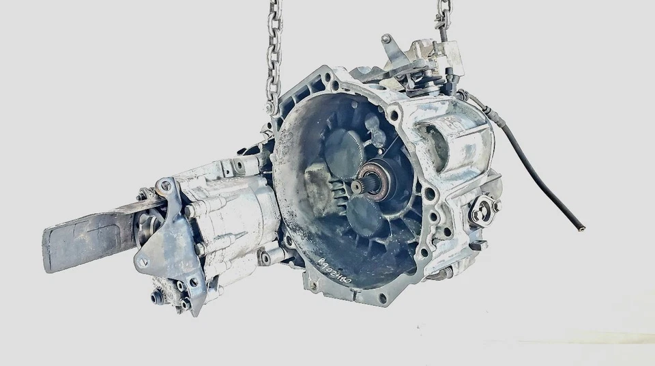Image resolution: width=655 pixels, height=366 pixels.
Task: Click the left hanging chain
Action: pos(274,55)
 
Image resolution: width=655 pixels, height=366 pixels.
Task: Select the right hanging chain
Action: pos(443,17)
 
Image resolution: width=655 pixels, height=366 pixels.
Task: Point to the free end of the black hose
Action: pos(581,228)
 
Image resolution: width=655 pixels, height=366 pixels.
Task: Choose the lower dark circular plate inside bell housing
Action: pos(365,216)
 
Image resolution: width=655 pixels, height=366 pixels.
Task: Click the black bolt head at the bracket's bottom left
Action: pos(158,296)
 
